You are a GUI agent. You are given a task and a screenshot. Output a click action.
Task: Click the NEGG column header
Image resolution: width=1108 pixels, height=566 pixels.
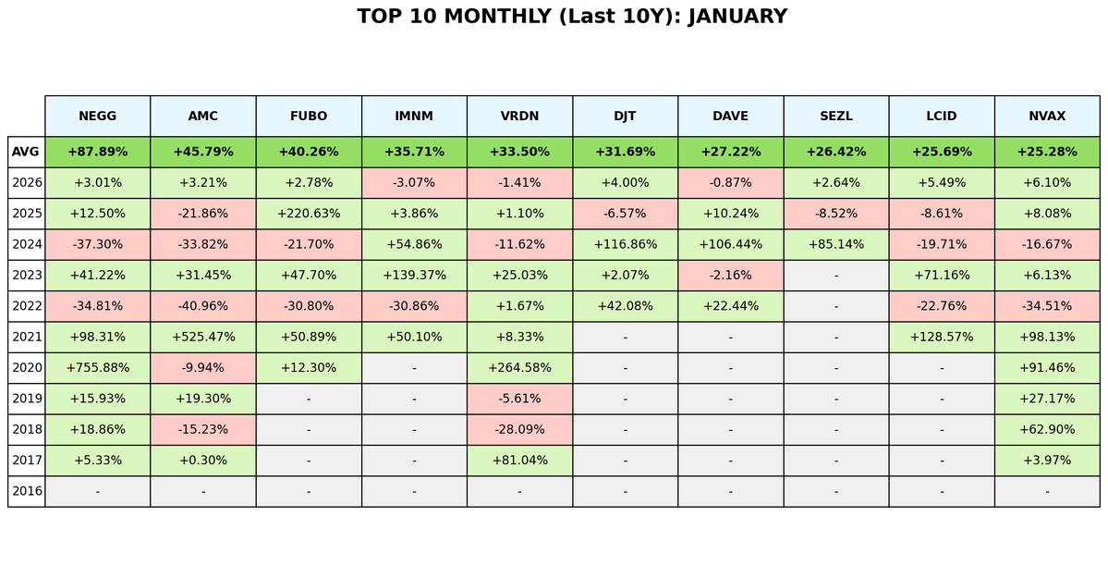[97, 116]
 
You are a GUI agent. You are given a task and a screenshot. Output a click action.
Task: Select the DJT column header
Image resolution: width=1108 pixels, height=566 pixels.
[625, 116]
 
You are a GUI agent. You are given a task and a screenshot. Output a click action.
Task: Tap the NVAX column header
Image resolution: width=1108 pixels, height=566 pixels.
[1047, 116]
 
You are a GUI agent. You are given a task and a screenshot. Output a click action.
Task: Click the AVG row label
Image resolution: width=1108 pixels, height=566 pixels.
[26, 152]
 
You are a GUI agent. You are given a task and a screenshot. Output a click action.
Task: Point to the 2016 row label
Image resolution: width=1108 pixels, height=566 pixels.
[27, 491]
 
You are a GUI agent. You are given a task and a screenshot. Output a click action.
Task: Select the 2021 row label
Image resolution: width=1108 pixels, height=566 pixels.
[27, 337]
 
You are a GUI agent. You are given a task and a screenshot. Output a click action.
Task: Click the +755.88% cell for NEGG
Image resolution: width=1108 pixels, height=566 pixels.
[97, 368]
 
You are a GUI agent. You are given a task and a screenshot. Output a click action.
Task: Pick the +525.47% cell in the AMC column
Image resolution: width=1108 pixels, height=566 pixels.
[203, 337]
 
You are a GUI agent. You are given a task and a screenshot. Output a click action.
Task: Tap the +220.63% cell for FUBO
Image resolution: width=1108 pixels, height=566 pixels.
[309, 214]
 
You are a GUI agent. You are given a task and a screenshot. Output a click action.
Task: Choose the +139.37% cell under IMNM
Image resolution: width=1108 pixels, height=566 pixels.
[414, 276]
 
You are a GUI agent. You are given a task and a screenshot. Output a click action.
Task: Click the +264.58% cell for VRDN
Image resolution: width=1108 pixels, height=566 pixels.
[519, 368]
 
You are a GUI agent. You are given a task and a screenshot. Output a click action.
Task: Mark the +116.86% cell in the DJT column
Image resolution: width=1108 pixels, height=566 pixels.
[625, 244]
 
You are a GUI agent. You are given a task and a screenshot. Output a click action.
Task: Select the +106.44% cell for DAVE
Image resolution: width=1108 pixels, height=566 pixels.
[730, 244]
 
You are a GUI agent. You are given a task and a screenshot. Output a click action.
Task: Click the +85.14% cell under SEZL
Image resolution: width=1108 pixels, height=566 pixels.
[836, 244]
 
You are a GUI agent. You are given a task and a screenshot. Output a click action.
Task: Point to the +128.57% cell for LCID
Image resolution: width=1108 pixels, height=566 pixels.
[942, 337]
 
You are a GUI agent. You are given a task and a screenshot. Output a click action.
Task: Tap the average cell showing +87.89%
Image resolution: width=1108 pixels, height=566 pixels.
[97, 152]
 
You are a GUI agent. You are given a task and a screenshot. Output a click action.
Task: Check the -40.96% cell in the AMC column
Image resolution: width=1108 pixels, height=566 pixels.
[203, 306]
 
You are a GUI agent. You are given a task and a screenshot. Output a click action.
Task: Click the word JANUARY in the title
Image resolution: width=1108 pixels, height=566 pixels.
[737, 17]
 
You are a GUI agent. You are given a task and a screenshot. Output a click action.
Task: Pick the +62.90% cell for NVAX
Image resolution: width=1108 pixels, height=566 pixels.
[1047, 429]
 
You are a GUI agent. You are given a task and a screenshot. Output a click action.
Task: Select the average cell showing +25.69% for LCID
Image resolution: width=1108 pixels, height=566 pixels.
[942, 152]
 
